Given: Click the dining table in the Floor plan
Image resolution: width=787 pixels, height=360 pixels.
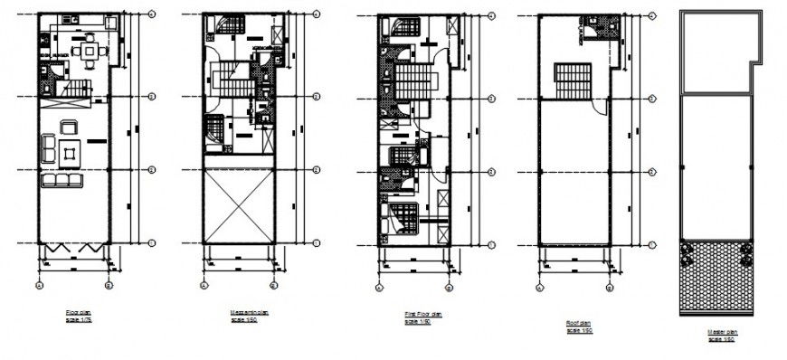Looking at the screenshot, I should coord(89,52).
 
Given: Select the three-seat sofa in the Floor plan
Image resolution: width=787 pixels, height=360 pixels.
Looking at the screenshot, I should coord(62,181).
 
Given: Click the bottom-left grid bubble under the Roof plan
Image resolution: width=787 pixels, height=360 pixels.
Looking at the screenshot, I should coord(539,286).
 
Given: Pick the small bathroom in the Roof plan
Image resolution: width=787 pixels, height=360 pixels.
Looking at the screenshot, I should coord(591,27).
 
